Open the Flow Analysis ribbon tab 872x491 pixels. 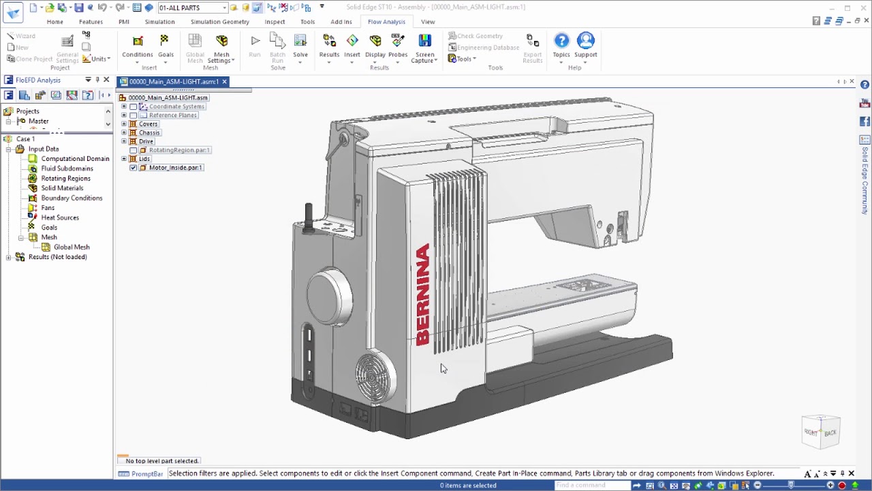point(386,22)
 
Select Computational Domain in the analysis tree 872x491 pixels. point(75,159)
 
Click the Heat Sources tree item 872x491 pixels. point(60,218)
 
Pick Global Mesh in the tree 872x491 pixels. point(72,247)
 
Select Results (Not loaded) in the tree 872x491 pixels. point(57,257)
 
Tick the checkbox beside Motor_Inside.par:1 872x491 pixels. point(134,168)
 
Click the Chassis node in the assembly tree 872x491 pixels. point(149,133)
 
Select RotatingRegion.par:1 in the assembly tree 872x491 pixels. point(179,150)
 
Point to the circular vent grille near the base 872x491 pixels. point(374,376)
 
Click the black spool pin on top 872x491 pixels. point(309,215)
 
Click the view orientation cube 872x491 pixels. point(821,432)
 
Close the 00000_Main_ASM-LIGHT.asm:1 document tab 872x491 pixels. point(224,82)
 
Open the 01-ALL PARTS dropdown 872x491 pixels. point(224,8)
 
